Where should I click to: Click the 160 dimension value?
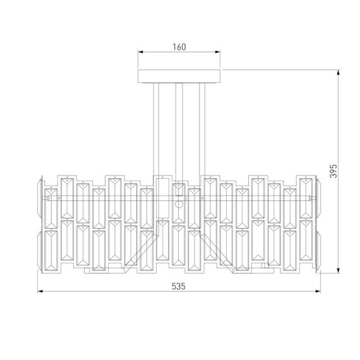[180, 47]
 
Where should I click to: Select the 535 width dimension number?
[179, 286]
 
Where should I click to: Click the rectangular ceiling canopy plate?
[180, 76]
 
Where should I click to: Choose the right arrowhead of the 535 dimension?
[319, 292]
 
